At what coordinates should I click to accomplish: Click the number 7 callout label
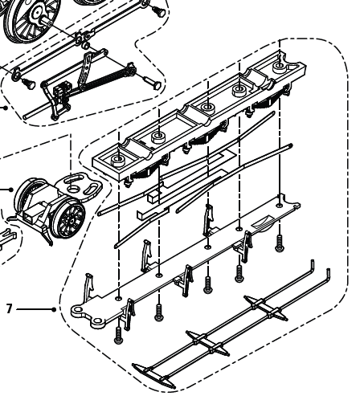[9, 308]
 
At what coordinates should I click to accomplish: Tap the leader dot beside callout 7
[53, 308]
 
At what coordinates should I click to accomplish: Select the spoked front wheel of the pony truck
[72, 218]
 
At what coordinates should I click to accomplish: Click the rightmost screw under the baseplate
[280, 242]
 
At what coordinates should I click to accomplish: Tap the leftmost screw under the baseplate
[119, 333]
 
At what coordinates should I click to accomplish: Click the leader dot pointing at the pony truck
[11, 190]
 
